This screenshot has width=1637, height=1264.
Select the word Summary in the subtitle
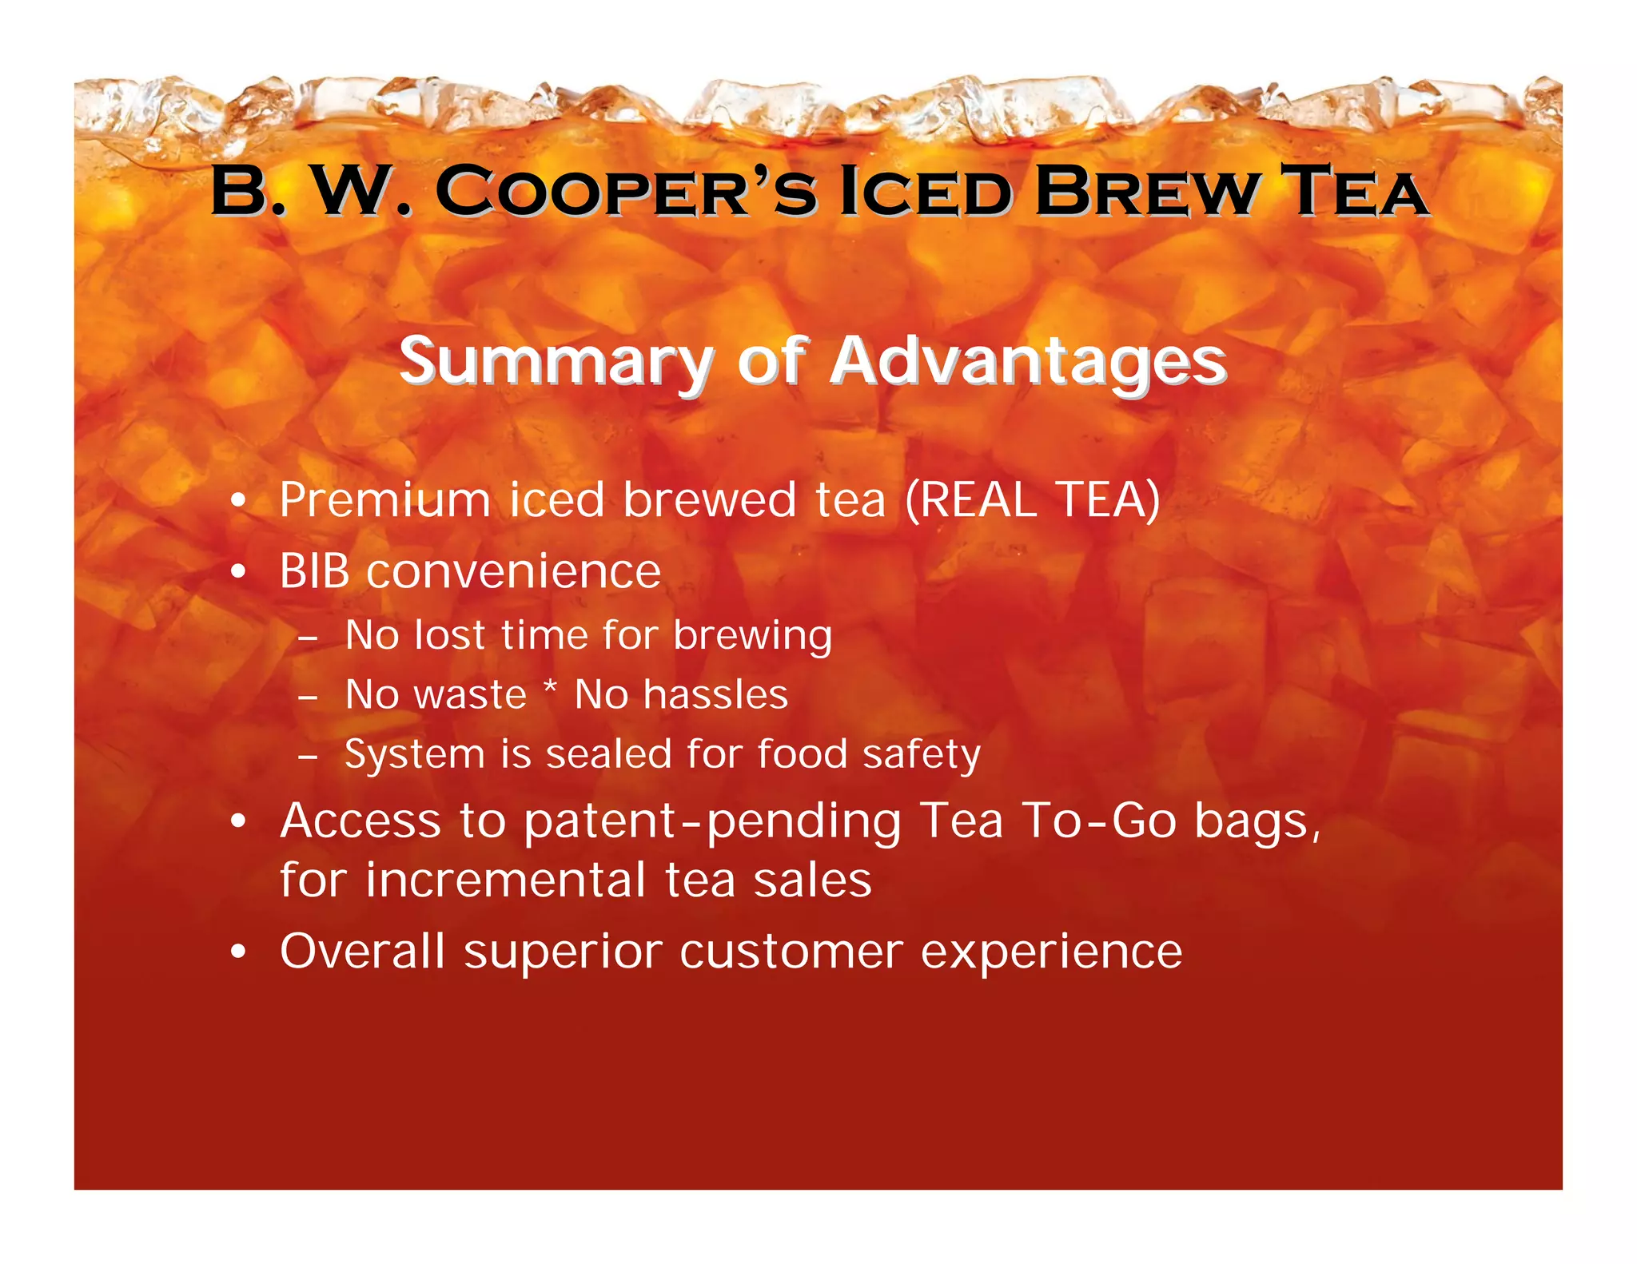point(556,361)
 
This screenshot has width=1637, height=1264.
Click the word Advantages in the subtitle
point(1028,361)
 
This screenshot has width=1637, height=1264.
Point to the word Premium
point(384,500)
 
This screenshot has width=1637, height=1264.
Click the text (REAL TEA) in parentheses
point(1032,500)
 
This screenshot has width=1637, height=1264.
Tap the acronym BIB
point(315,571)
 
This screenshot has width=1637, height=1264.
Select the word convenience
point(513,571)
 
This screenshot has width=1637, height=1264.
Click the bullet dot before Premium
point(237,502)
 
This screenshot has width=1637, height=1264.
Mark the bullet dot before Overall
point(237,952)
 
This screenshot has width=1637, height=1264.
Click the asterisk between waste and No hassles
point(550,688)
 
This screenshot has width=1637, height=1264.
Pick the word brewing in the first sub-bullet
point(752,636)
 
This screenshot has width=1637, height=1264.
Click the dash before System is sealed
point(308,756)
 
